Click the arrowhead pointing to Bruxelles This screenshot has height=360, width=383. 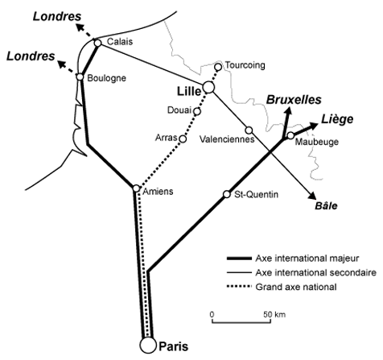click(x=288, y=111)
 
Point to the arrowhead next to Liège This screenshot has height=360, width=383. click(x=313, y=126)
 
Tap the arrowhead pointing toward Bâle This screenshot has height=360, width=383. click(x=312, y=196)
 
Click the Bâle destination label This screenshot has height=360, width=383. click(x=326, y=206)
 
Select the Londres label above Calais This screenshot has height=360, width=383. click(x=57, y=17)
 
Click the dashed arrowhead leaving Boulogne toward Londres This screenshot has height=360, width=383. click(x=62, y=64)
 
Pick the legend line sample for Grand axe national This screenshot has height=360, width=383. click(x=240, y=287)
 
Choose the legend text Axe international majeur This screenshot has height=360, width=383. click(x=307, y=259)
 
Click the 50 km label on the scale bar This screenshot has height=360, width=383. click(x=274, y=314)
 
